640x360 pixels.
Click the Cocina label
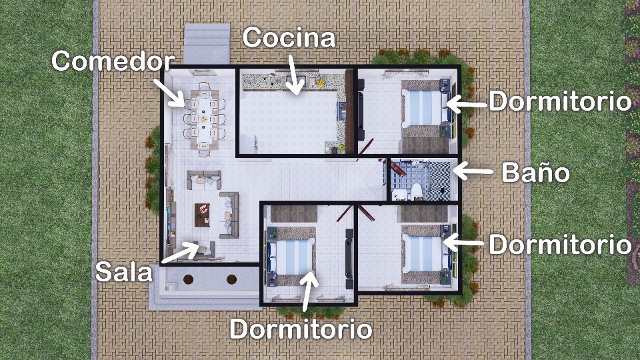coord(289,37)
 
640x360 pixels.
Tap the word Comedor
coord(113,61)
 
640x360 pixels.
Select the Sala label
coord(123,272)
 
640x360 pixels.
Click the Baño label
coord(535,172)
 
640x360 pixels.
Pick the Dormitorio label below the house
coord(301,329)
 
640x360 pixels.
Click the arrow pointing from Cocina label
coord(295,74)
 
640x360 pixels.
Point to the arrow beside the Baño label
coord(473,171)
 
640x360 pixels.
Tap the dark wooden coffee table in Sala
coord(202,215)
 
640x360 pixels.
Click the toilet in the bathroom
coord(417,191)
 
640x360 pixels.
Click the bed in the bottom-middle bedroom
coord(291,256)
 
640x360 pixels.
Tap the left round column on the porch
coord(188,279)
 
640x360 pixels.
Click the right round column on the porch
coord(231,279)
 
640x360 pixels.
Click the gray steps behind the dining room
coord(207,44)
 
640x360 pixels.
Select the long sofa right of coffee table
coord(229,215)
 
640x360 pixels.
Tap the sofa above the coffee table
coord(204,180)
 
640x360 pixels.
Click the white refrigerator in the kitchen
coord(248,144)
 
